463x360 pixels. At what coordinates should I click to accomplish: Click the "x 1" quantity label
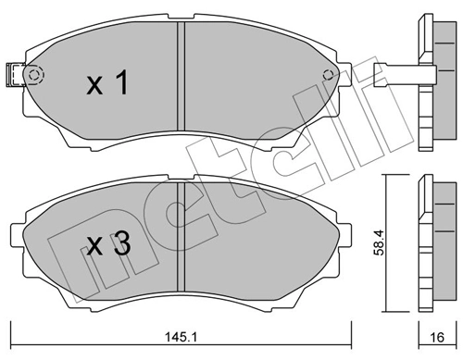click(106, 85)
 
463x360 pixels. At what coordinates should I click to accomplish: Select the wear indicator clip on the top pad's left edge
click(13, 72)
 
